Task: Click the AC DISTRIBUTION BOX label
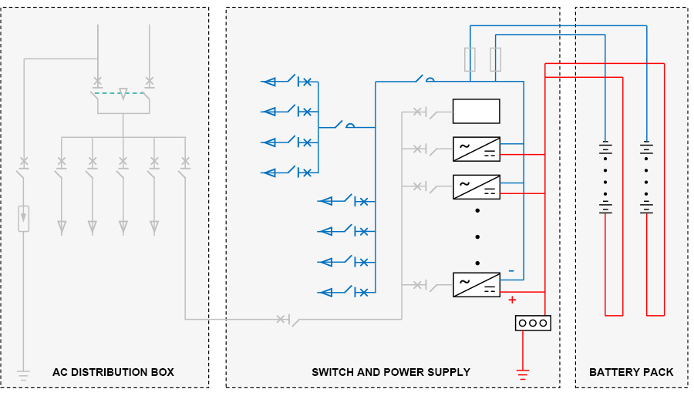pyautogui.click(x=113, y=372)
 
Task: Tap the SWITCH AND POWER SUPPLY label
pyautogui.click(x=391, y=372)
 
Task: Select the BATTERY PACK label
pyautogui.click(x=631, y=372)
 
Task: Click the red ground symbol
pyautogui.click(x=523, y=375)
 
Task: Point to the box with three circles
pyautogui.click(x=533, y=323)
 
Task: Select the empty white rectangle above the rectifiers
pyautogui.click(x=476, y=111)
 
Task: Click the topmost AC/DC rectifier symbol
pyautogui.click(x=476, y=149)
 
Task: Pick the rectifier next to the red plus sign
pyautogui.click(x=476, y=284)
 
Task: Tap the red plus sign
pyautogui.click(x=511, y=300)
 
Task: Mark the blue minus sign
pyautogui.click(x=510, y=271)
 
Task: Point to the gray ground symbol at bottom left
pyautogui.click(x=24, y=376)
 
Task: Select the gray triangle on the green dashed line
pyautogui.click(x=123, y=94)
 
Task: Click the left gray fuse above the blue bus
pyautogui.click(x=470, y=59)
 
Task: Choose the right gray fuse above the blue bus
pyautogui.click(x=496, y=59)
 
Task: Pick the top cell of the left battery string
pyautogui.click(x=606, y=147)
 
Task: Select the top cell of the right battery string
pyautogui.click(x=647, y=147)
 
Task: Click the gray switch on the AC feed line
pyautogui.click(x=288, y=319)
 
